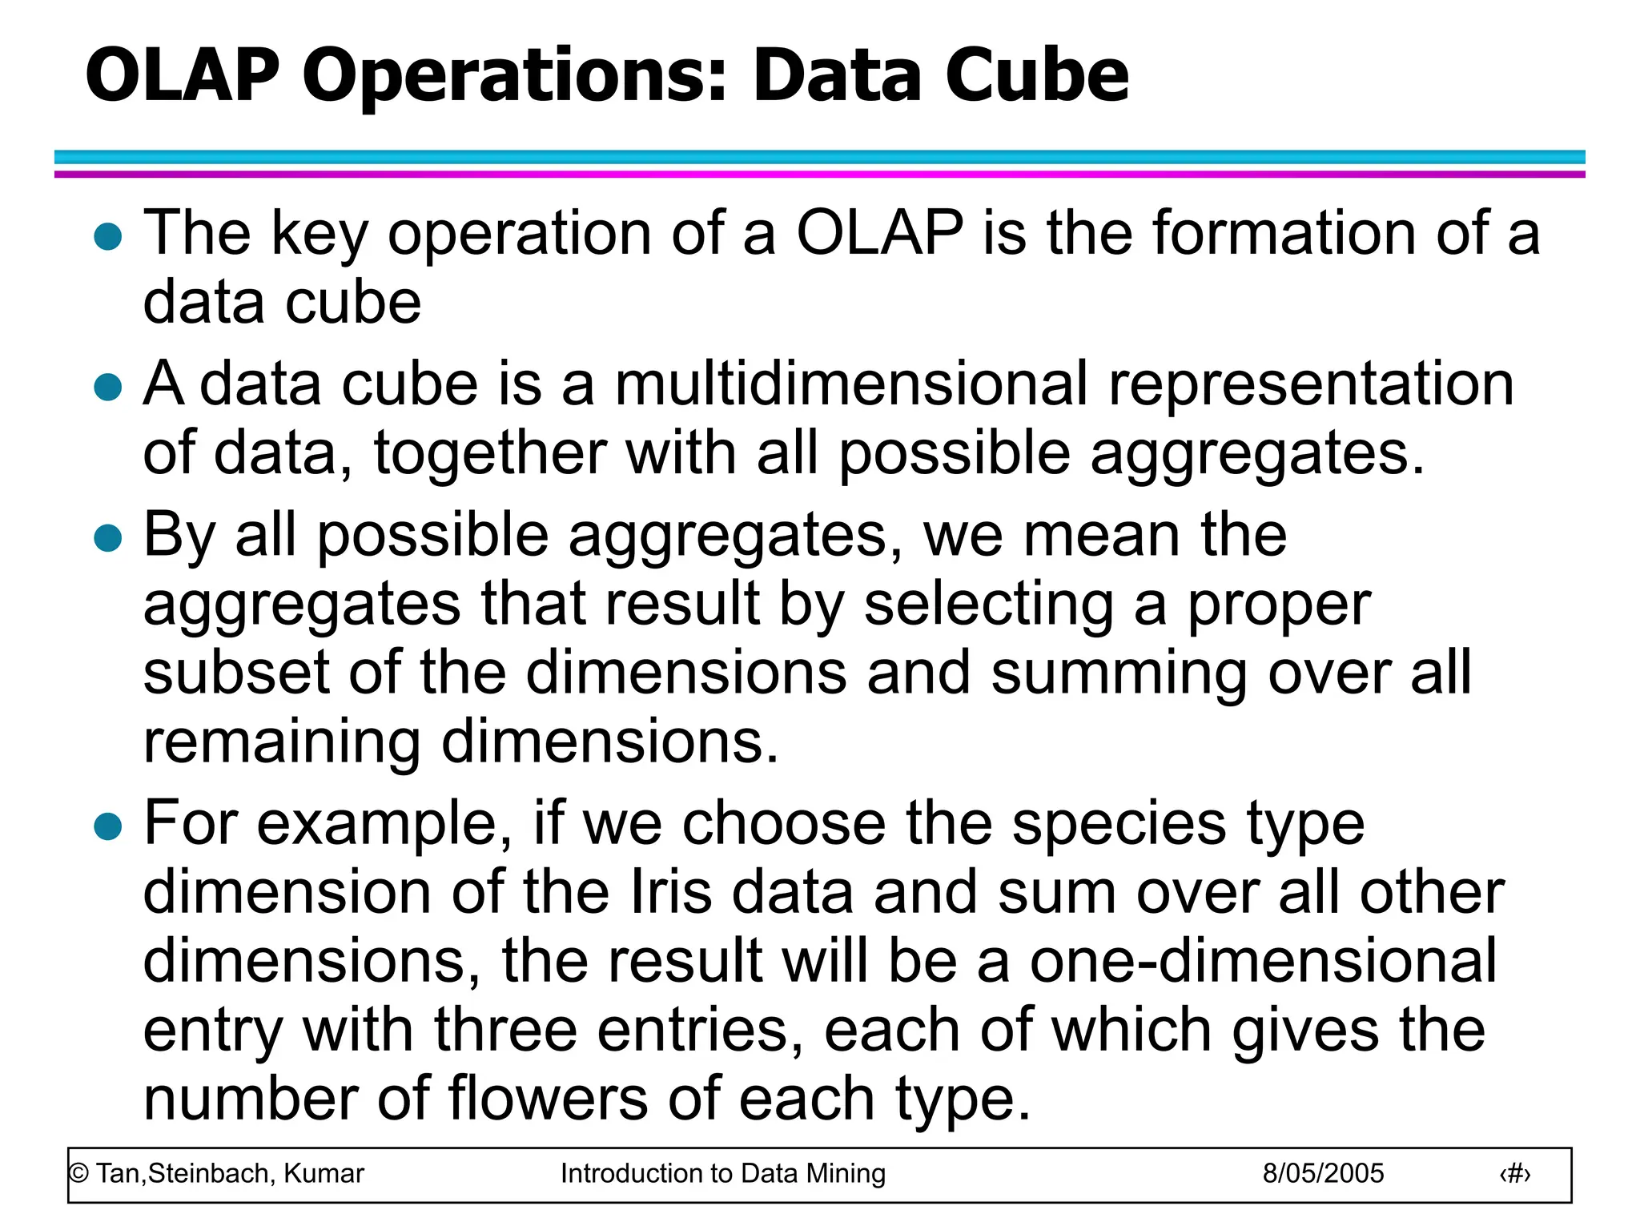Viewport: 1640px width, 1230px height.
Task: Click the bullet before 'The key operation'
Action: click(x=107, y=237)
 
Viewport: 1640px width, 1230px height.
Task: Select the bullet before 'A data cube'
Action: click(x=107, y=387)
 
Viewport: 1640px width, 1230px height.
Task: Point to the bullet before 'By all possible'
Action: click(x=107, y=537)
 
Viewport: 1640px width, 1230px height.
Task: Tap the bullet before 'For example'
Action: click(x=107, y=826)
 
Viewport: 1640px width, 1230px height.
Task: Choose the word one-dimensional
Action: click(x=1263, y=960)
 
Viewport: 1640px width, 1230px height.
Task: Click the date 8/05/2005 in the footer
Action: click(x=1323, y=1173)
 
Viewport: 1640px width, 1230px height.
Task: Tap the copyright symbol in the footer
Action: click(x=78, y=1174)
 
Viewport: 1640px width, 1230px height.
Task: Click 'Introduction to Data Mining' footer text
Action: click(x=722, y=1173)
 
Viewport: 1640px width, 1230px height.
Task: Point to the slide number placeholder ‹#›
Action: click(x=1514, y=1174)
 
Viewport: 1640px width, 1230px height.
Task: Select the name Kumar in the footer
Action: click(x=324, y=1173)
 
